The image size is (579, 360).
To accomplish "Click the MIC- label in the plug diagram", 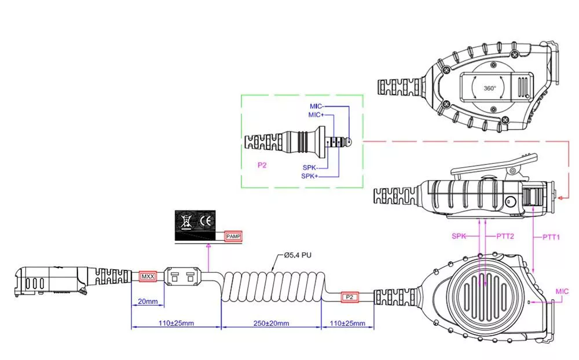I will point(317,106).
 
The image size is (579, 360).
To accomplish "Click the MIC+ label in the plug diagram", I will point(316,115).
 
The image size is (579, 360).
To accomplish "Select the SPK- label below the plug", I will point(310,168).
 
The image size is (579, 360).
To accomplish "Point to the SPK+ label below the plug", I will point(310,176).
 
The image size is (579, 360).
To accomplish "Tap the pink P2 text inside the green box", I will point(262,165).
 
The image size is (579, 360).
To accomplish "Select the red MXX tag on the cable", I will point(148,277).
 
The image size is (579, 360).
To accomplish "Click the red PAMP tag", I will point(233,236).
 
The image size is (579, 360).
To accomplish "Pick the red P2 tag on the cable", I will point(349,297).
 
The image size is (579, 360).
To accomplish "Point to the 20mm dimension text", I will point(148,302).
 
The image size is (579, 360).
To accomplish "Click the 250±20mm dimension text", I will point(271,323).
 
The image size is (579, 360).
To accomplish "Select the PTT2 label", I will point(505,236).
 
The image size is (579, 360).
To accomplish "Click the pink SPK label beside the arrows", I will point(459,236).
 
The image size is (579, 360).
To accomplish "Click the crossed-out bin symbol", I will point(186,221).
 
